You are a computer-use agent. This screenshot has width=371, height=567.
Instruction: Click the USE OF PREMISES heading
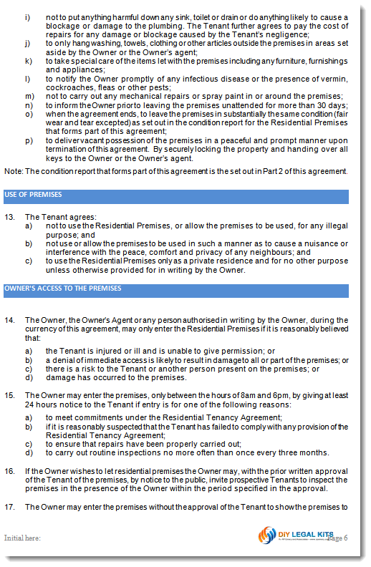[x=33, y=195]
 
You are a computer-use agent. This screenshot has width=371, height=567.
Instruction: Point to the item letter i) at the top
[x=27, y=16]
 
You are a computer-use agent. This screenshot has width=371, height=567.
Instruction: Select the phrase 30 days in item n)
[x=333, y=105]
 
